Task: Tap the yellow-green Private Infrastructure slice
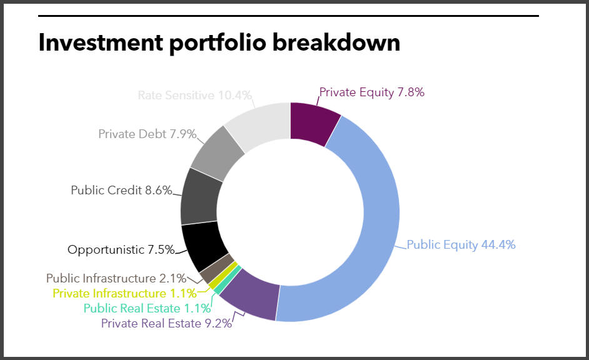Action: pyautogui.click(x=223, y=276)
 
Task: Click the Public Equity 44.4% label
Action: pyautogui.click(x=461, y=245)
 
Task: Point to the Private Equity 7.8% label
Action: pyautogui.click(x=372, y=92)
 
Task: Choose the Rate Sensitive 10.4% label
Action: pyautogui.click(x=194, y=96)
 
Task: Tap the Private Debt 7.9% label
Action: pyautogui.click(x=148, y=134)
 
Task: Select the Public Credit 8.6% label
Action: pyautogui.click(x=121, y=191)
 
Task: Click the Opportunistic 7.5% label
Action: pyautogui.click(x=121, y=249)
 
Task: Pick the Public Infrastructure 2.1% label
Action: pyautogui.click(x=116, y=279)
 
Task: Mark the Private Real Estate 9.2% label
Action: pyautogui.click(x=166, y=324)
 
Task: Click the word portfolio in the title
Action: pyautogui.click(x=218, y=43)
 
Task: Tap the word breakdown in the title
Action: pyautogui.click(x=336, y=42)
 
